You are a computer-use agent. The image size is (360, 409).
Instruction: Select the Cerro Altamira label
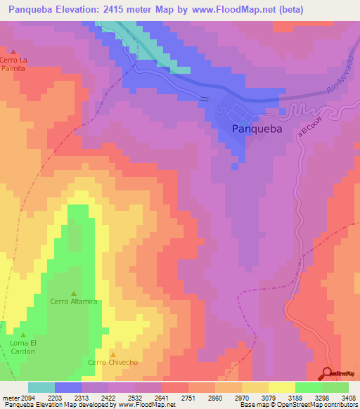pos(73,301)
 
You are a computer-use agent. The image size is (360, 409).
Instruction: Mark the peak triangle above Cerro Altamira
pos(73,293)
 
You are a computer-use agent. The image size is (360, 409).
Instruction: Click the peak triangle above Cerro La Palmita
pos(13,51)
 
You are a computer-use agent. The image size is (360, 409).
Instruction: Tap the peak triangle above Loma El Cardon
pos(22,335)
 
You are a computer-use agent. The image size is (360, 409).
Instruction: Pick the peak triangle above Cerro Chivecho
pos(112,354)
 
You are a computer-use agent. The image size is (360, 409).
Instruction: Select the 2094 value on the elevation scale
pos(27,398)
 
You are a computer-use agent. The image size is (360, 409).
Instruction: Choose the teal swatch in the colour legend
pos(41,387)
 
